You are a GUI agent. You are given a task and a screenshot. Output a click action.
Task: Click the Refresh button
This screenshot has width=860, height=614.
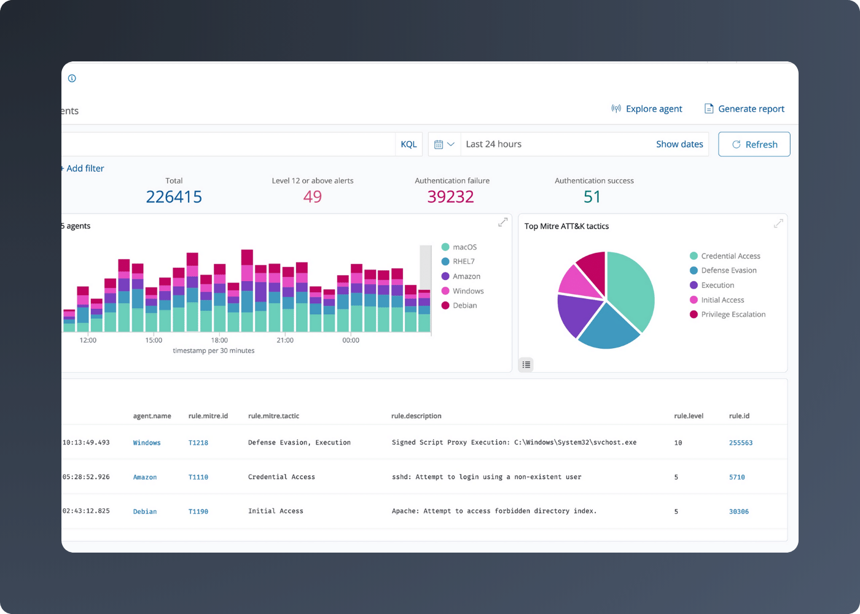pyautogui.click(x=754, y=144)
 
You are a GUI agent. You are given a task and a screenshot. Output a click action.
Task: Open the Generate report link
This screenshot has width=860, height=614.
pyautogui.click(x=744, y=109)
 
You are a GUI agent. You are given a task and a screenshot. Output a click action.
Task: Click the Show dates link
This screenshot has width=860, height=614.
pyautogui.click(x=679, y=144)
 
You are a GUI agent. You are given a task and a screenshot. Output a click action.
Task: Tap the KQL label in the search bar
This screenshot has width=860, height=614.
pyautogui.click(x=408, y=144)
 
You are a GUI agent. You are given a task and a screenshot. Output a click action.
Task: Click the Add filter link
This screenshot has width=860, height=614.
pyautogui.click(x=84, y=168)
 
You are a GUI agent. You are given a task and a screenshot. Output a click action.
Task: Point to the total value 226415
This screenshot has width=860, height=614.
pyautogui.click(x=174, y=196)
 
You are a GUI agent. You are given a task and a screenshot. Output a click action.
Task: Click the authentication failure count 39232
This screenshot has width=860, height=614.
pyautogui.click(x=451, y=196)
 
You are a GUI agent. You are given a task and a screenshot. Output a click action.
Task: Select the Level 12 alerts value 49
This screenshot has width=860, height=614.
pyautogui.click(x=313, y=196)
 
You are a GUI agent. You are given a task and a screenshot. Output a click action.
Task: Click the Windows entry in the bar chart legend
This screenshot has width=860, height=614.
pyautogui.click(x=467, y=291)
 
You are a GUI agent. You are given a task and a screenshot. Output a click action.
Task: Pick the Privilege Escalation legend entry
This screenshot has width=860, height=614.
pyautogui.click(x=733, y=314)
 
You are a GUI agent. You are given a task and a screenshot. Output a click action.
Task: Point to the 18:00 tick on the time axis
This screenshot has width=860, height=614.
pyautogui.click(x=219, y=340)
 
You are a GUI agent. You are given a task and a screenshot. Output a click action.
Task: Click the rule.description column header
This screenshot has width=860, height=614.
pyautogui.click(x=416, y=416)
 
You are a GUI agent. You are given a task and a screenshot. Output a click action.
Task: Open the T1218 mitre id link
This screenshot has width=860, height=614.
pyautogui.click(x=198, y=443)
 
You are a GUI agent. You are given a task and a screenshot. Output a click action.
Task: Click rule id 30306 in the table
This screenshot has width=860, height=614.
pyautogui.click(x=739, y=511)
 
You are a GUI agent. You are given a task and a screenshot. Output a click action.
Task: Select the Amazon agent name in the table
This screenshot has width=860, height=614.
pyautogui.click(x=145, y=477)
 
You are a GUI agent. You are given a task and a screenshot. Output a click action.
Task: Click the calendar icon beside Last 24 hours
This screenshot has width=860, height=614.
pyautogui.click(x=439, y=144)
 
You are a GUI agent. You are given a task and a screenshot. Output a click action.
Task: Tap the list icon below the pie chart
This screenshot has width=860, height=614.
pyautogui.click(x=526, y=365)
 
